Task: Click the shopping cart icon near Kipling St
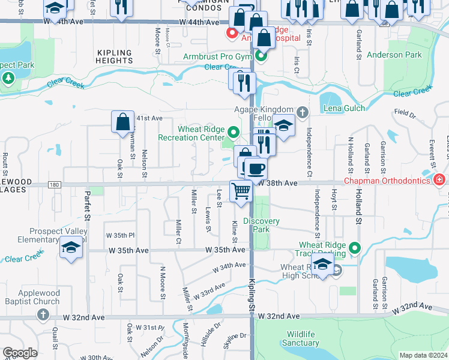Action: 241,191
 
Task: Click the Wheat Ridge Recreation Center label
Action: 191,133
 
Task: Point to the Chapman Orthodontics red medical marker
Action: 439,179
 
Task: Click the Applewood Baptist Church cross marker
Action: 43,314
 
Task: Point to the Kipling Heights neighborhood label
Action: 113,57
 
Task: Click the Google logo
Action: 19,353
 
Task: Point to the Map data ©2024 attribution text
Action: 423,355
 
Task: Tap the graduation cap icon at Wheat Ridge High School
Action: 322,265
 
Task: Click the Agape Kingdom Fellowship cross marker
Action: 303,111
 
